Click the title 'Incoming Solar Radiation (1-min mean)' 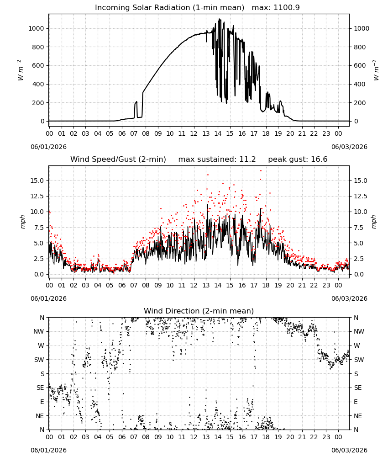[169, 8]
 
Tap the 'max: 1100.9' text [276, 8]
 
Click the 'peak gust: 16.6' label [298, 159]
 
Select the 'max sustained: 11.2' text [217, 159]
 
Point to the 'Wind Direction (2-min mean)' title [199, 311]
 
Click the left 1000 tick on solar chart [36, 28]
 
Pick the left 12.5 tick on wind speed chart [37, 196]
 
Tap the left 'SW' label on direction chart [39, 360]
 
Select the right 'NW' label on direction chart [359, 332]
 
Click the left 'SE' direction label [40, 388]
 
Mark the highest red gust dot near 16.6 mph [261, 171]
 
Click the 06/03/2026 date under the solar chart [349, 147]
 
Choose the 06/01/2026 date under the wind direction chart [48, 450]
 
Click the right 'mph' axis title [374, 222]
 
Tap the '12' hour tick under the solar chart [194, 133]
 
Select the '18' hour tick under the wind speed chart [266, 285]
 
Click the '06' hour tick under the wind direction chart [122, 437]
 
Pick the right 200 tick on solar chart [360, 103]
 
